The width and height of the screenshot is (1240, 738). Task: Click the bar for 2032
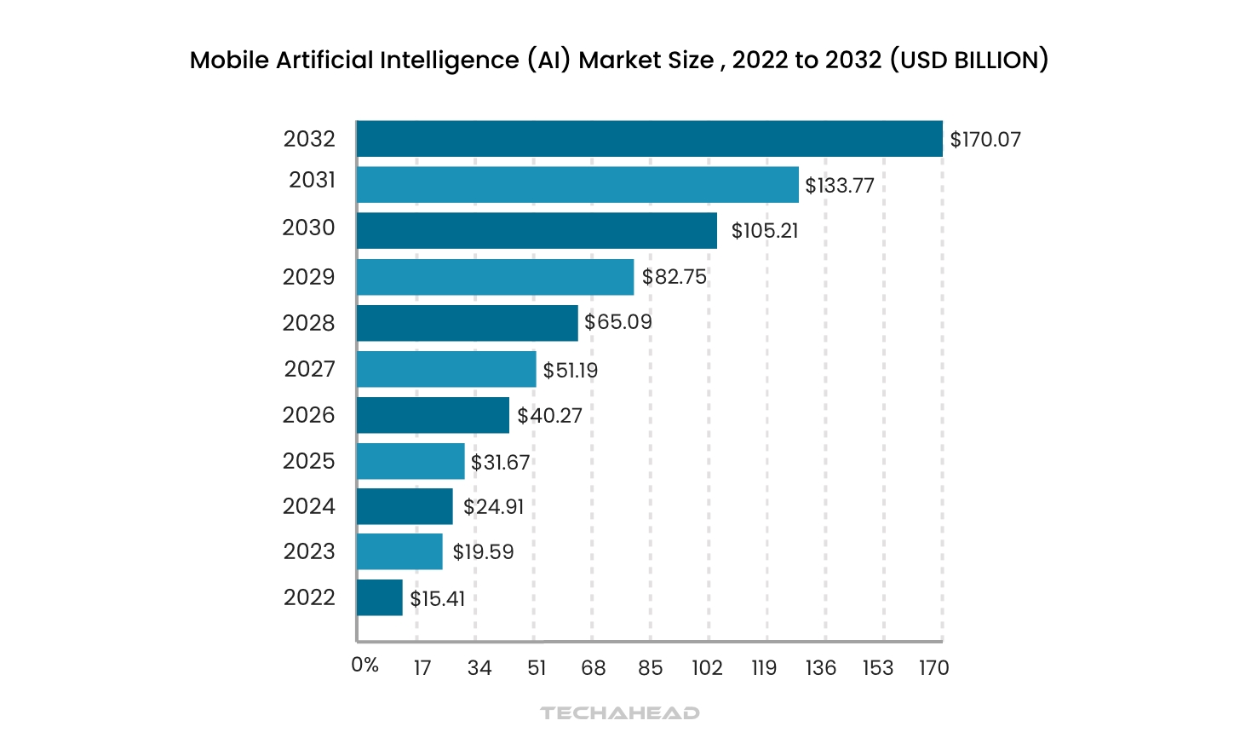[649, 139]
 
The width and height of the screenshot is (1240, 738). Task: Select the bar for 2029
[495, 277]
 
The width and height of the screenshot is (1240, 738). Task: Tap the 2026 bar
[433, 415]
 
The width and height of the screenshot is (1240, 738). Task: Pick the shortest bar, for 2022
[379, 597]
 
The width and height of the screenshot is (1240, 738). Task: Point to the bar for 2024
[405, 506]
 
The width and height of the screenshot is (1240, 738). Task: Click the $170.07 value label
[985, 140]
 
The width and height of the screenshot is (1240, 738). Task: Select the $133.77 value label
[840, 186]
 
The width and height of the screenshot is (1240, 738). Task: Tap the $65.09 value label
[618, 322]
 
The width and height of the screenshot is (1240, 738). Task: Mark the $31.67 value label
[501, 463]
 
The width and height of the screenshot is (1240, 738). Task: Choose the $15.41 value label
[438, 599]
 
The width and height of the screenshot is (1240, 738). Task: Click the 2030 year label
[309, 228]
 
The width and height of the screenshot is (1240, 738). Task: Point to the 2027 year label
[310, 369]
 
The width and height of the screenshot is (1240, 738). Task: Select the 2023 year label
[310, 551]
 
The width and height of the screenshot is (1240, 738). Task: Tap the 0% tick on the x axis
[365, 666]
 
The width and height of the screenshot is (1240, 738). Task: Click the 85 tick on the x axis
[651, 668]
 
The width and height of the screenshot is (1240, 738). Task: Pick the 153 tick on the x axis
[878, 668]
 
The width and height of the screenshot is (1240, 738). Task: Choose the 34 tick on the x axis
[479, 668]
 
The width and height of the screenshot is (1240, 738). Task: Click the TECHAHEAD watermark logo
[620, 712]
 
